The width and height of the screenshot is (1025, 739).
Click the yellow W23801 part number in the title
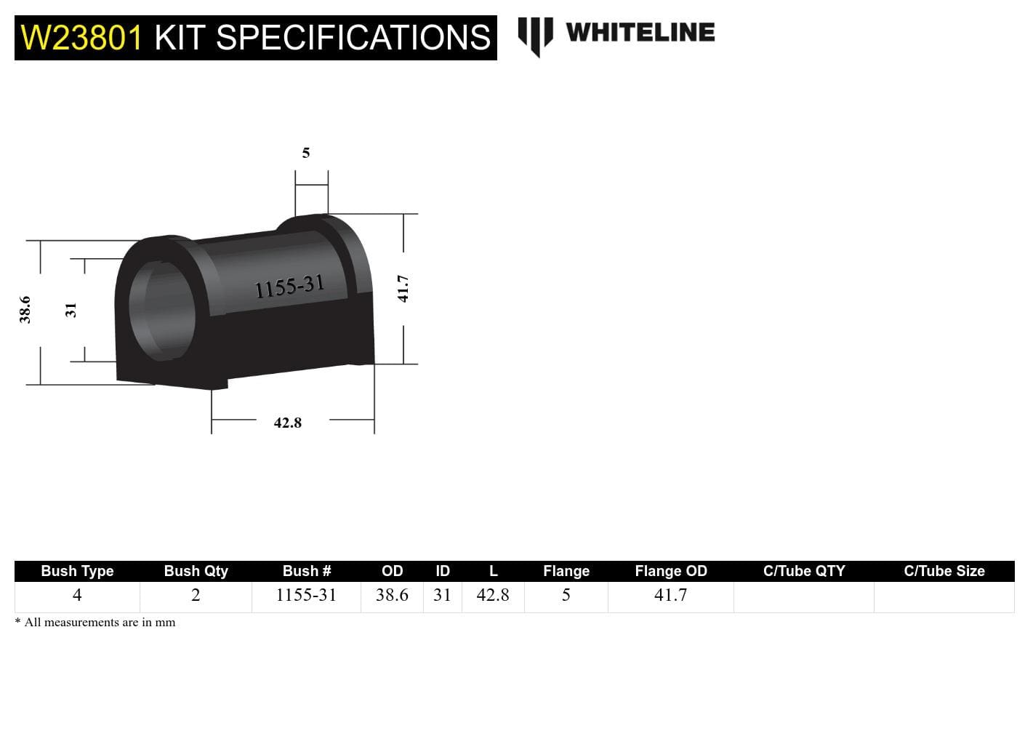pos(82,38)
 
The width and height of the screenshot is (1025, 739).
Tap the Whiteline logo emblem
pos(535,35)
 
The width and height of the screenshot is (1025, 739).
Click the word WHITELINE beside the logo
pos(640,33)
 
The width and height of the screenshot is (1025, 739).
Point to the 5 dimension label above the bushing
pos(306,153)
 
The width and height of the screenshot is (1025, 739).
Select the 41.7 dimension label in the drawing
pos(403,289)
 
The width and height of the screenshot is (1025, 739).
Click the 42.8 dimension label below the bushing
pos(288,423)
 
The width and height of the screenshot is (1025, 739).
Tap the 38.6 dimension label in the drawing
pos(25,309)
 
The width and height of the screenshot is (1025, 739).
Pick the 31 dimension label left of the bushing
pos(71,310)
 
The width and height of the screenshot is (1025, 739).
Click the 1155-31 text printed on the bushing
pos(289,287)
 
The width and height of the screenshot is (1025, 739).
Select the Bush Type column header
pos(77,571)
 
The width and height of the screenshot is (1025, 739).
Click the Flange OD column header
pos(670,571)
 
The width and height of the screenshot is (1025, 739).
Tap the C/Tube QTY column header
pos(804,571)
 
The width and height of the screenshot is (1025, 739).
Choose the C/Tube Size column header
pos(944,571)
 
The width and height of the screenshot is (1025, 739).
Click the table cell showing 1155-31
pos(306,596)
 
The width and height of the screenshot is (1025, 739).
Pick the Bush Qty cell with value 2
pos(196,596)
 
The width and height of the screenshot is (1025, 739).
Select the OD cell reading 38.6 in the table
pos(392,596)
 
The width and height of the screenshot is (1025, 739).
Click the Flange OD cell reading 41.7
pos(670,596)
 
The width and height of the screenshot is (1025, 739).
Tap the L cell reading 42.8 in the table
pos(493,596)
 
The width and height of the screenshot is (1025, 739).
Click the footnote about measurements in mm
pos(95,623)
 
